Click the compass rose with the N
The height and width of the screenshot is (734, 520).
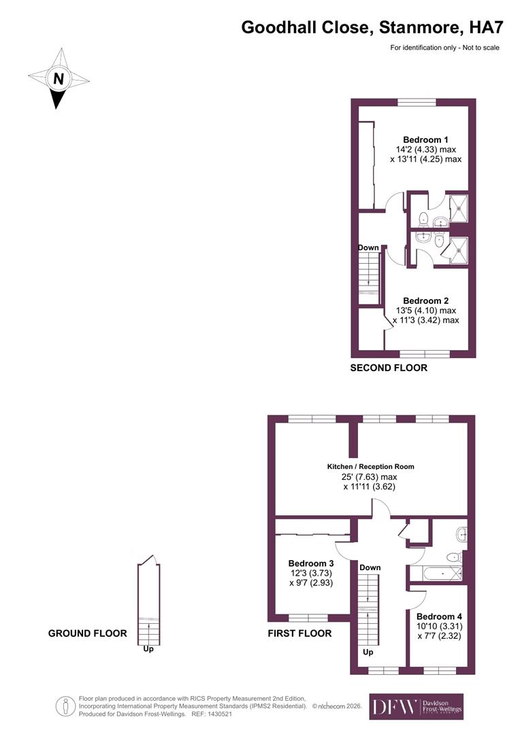(59, 78)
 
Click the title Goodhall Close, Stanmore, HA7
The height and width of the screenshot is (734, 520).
(372, 27)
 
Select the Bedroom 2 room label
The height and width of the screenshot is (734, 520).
(425, 300)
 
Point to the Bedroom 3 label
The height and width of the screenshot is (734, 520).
(310, 563)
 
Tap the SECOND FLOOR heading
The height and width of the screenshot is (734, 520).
(389, 368)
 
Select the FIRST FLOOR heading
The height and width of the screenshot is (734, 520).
(300, 633)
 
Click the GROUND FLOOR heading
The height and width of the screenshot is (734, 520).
(87, 633)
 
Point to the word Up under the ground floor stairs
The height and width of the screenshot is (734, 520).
(148, 649)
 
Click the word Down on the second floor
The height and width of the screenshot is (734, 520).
(368, 247)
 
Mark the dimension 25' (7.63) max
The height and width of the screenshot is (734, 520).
(378, 476)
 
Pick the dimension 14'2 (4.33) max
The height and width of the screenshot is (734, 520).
(425, 150)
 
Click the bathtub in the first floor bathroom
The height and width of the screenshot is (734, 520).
(436, 574)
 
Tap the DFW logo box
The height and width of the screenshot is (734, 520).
(416, 707)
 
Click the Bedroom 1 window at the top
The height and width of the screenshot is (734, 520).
(417, 102)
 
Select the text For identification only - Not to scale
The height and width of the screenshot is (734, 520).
(444, 48)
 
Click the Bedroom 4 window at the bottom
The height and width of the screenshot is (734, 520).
(439, 671)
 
